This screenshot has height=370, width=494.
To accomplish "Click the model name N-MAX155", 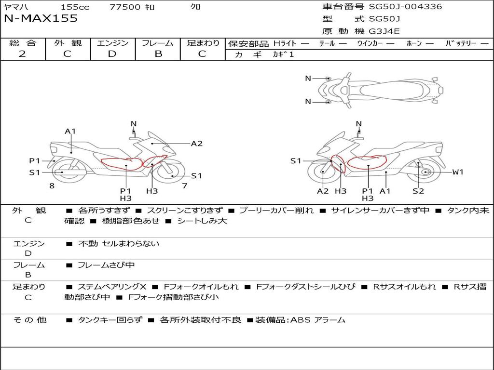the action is (x=41, y=18).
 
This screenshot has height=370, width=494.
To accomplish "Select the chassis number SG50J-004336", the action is (x=405, y=6).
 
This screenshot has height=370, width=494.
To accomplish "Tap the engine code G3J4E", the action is (x=384, y=31).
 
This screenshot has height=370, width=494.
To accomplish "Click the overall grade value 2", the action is (x=22, y=54).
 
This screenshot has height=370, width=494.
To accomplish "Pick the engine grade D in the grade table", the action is (x=112, y=54).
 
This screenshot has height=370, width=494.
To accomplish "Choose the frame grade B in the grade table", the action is (x=158, y=54).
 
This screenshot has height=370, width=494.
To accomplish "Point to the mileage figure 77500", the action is (x=125, y=7).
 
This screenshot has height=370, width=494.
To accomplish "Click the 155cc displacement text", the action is (x=75, y=7).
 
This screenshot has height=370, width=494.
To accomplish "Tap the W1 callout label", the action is (x=458, y=172).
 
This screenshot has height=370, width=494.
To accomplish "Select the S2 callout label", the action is (x=418, y=191).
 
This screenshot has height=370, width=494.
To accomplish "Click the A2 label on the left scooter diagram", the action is (x=197, y=144).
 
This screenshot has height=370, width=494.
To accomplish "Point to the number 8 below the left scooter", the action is (x=52, y=186).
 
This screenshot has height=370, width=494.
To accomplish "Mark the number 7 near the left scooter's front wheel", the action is (x=185, y=186).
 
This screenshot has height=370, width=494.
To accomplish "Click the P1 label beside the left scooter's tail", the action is (x=35, y=161).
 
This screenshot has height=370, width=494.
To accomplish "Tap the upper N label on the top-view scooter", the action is (x=308, y=79).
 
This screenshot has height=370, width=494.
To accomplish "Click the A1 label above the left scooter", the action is (x=70, y=131).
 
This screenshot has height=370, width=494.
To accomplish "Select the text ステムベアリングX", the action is (x=112, y=287).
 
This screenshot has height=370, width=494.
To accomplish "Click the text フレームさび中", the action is (x=106, y=265).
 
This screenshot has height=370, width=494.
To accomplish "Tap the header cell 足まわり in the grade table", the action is (x=203, y=43).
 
